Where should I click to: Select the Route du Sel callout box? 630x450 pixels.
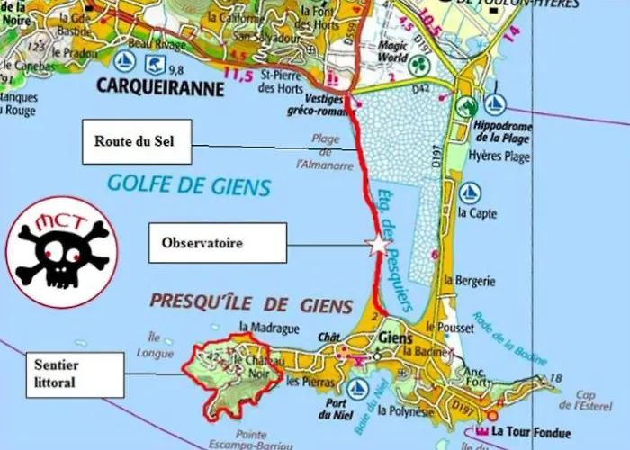pyautogui.click(x=136, y=141)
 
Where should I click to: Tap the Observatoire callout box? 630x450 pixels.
pyautogui.click(x=216, y=243)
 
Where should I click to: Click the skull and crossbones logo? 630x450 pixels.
pyautogui.click(x=61, y=252)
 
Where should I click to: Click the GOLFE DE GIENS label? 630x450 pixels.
pyautogui.click(x=189, y=186)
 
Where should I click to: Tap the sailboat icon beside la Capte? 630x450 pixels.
pyautogui.click(x=470, y=192)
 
